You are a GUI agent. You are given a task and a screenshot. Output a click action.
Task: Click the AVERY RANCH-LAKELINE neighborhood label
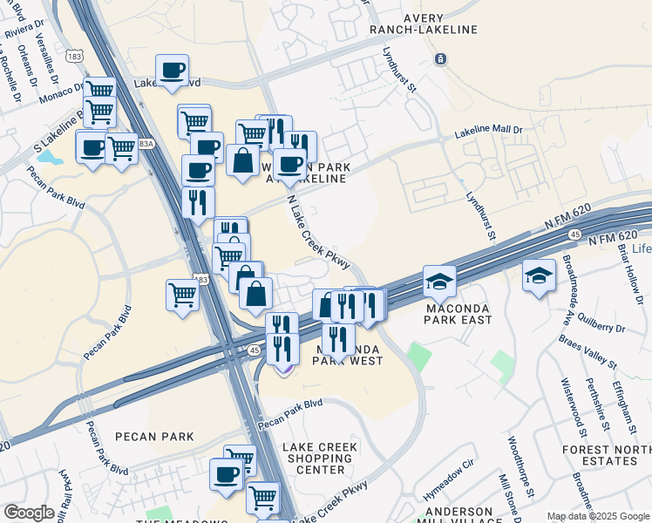tap(442, 24)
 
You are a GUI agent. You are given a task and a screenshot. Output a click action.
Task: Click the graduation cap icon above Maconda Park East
tap(439, 280)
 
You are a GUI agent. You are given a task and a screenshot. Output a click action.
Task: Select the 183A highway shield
tap(145, 143)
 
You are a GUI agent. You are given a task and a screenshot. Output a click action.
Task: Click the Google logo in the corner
tap(29, 513)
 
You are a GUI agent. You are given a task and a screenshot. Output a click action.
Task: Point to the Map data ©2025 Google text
tap(595, 516)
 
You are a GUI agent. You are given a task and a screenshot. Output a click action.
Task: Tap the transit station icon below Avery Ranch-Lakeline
tap(441, 59)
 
